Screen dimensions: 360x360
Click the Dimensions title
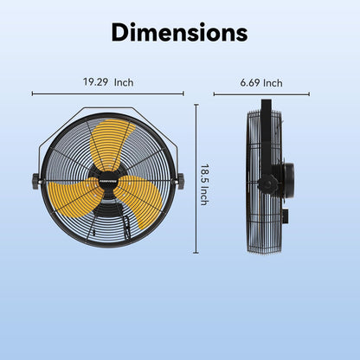(x=179, y=34)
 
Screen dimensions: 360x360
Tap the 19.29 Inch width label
(x=108, y=82)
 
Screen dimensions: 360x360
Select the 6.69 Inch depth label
(x=260, y=83)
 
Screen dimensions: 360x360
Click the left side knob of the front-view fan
(x=35, y=181)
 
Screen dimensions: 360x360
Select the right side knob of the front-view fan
(x=181, y=181)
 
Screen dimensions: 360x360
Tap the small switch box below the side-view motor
(x=283, y=210)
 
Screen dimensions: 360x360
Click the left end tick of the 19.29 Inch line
(x=32, y=93)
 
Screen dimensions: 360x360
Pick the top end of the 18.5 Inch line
(x=196, y=105)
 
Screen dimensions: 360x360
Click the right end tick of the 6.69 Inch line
(x=309, y=93)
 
